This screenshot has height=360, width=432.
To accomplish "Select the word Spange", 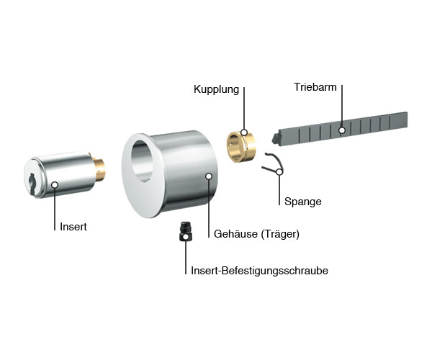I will tap(303, 202).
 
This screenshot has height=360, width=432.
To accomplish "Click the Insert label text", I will tap(73, 226).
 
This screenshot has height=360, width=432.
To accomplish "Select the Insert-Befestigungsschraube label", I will tap(260, 271).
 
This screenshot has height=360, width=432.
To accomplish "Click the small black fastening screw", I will tap(186, 230).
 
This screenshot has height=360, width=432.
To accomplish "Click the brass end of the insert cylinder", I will tap(100, 168).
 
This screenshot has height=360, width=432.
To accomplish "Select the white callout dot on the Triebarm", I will tap(342, 130).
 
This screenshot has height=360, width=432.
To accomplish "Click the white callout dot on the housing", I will tap(209, 175).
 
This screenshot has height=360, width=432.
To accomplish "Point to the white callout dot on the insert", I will tap(55, 185).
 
